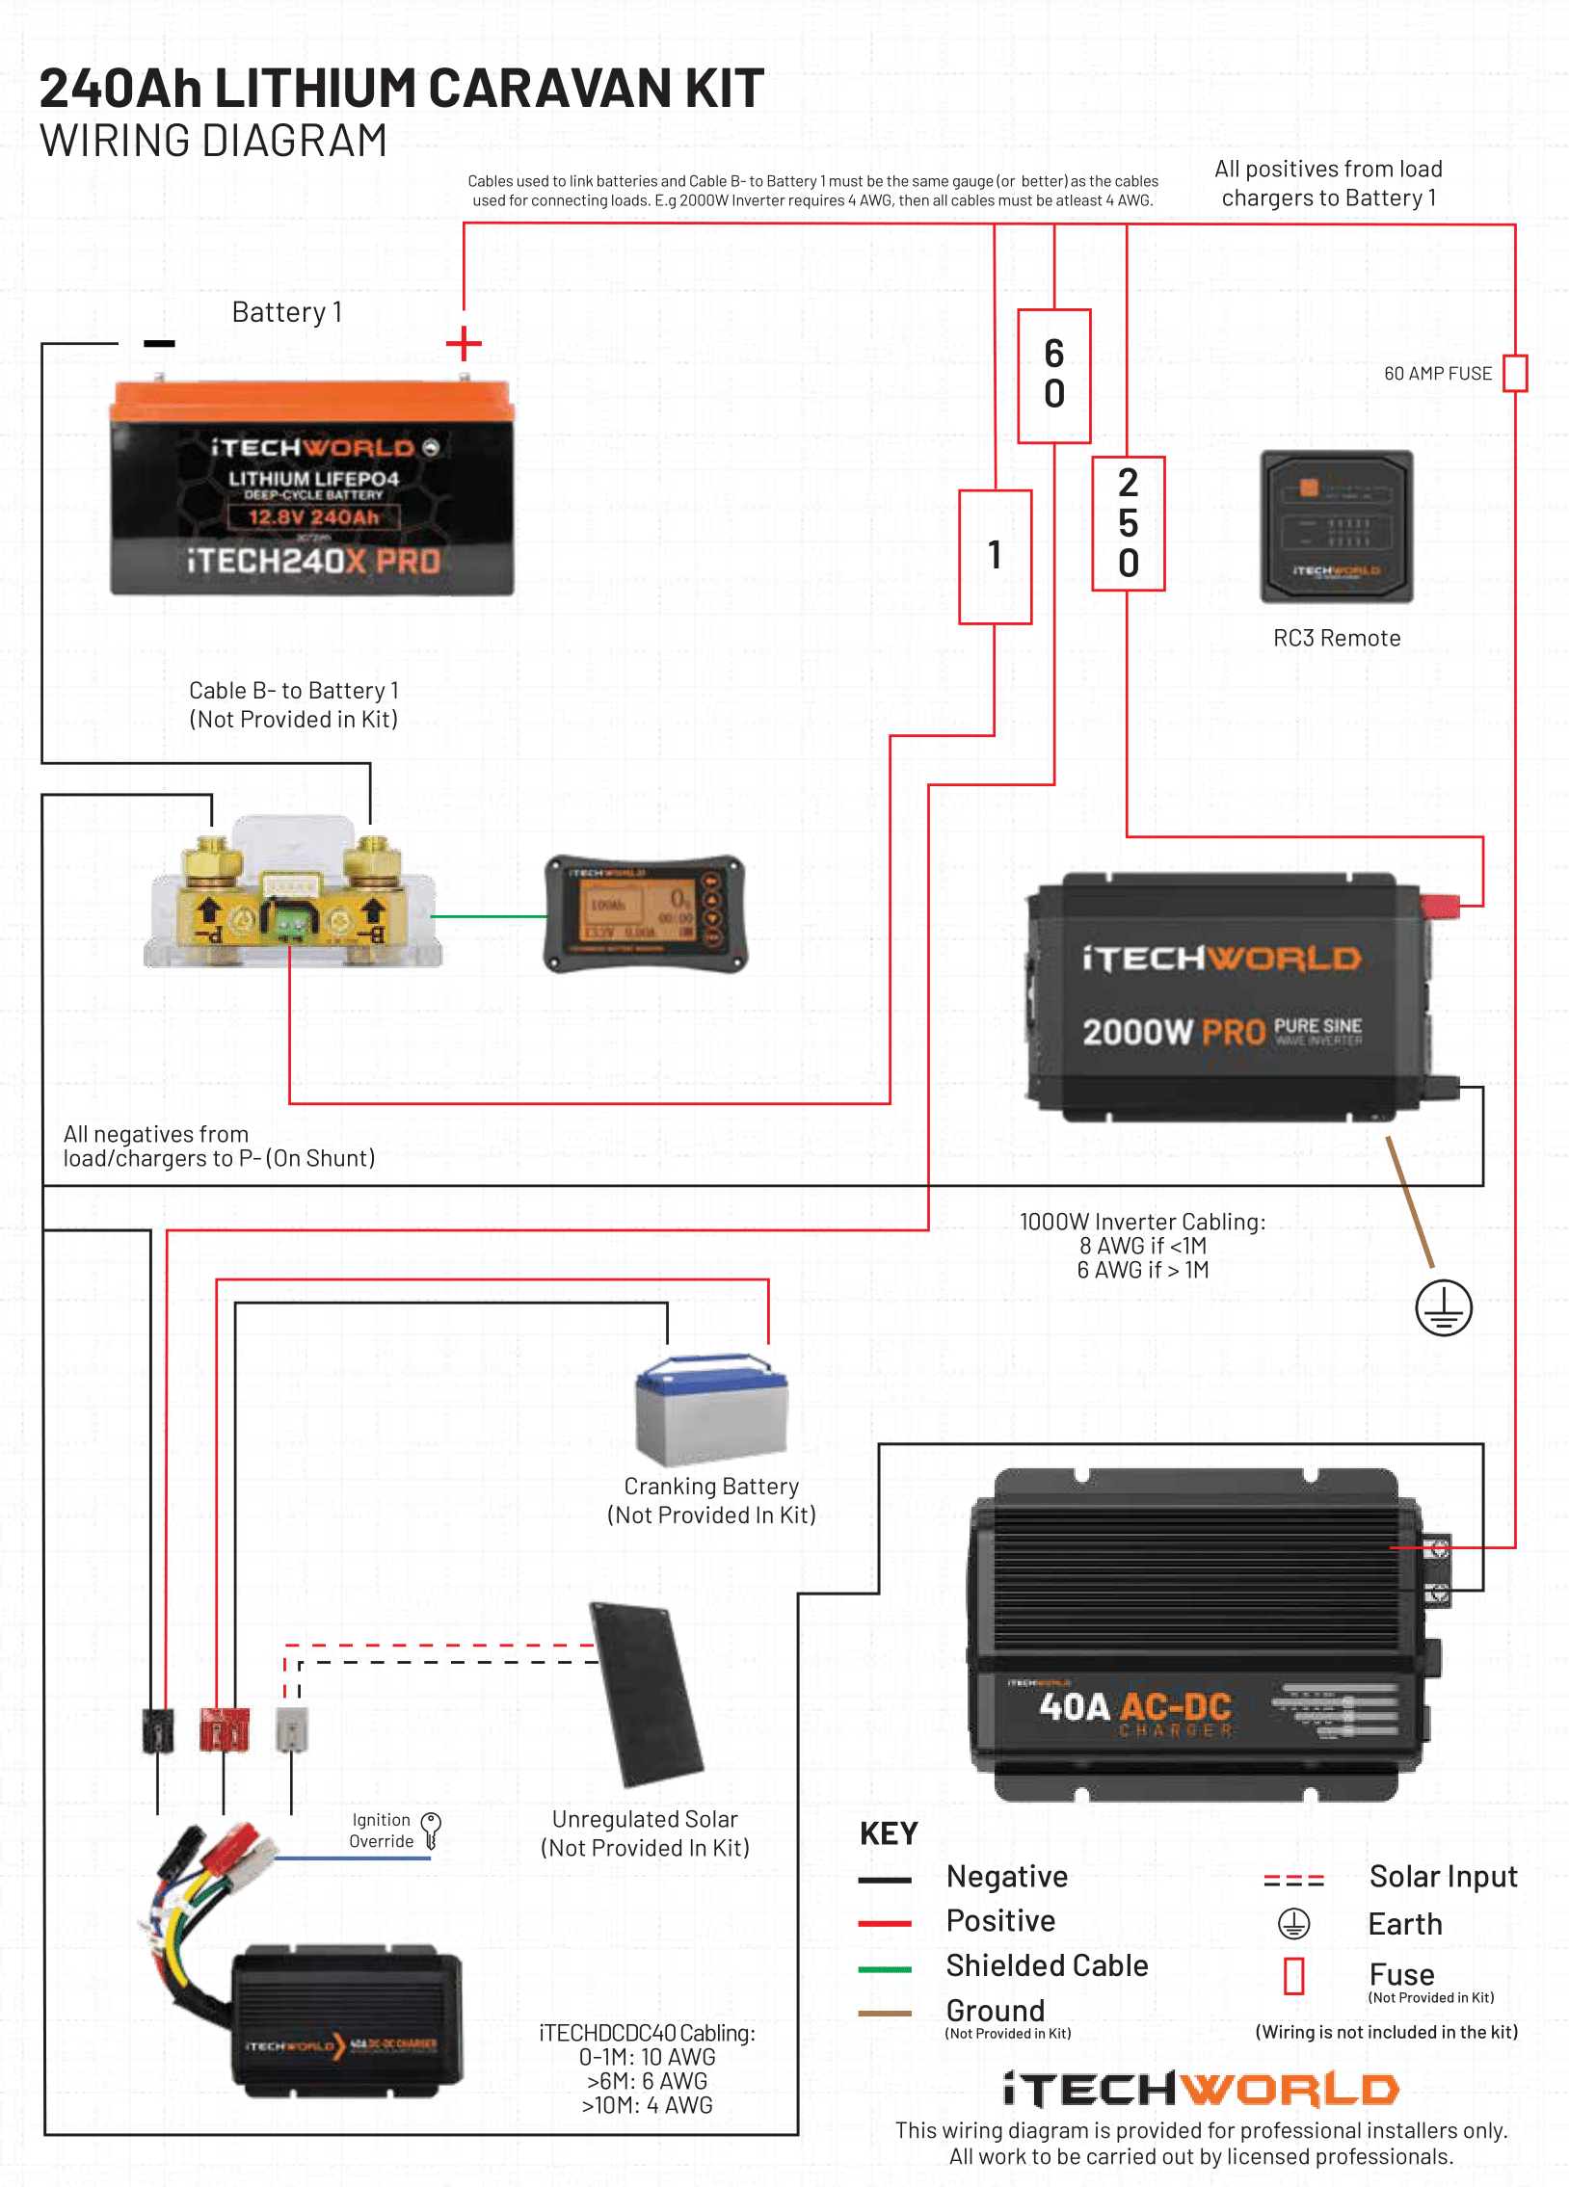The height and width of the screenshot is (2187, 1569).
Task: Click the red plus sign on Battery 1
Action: pyautogui.click(x=464, y=343)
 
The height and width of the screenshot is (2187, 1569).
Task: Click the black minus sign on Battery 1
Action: pyautogui.click(x=159, y=343)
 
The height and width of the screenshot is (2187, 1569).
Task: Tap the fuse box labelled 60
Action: pyautogui.click(x=1054, y=375)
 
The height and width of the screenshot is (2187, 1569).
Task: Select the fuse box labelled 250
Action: pyautogui.click(x=1129, y=522)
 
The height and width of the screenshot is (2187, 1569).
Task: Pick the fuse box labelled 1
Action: pyautogui.click(x=996, y=557)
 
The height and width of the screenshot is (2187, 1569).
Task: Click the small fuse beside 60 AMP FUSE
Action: pyautogui.click(x=1515, y=373)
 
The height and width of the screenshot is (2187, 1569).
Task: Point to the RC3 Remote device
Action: pyautogui.click(x=1337, y=526)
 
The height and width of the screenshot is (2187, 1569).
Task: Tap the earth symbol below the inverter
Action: pyautogui.click(x=1443, y=1308)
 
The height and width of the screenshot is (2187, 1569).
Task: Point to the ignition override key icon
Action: pyautogui.click(x=432, y=1829)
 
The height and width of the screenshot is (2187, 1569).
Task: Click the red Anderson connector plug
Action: pyautogui.click(x=224, y=1729)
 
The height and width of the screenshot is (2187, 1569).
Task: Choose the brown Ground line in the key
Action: pyautogui.click(x=885, y=2014)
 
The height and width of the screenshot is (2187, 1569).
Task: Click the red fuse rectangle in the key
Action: pyautogui.click(x=1293, y=1975)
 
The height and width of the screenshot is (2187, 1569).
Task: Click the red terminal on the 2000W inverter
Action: pyautogui.click(x=1440, y=906)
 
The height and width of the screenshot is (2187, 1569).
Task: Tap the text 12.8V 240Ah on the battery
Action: pyautogui.click(x=313, y=516)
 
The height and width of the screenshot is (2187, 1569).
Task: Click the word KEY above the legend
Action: pyautogui.click(x=889, y=1833)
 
